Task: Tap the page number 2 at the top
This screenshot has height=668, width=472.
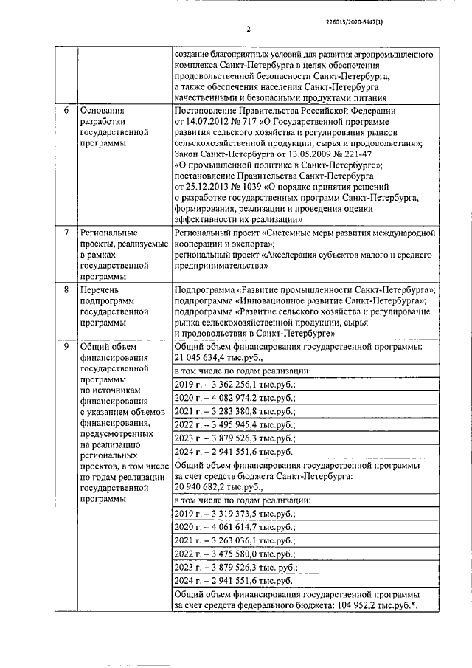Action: pyautogui.click(x=249, y=30)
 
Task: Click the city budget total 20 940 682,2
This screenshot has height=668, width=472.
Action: pyautogui.click(x=206, y=487)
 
